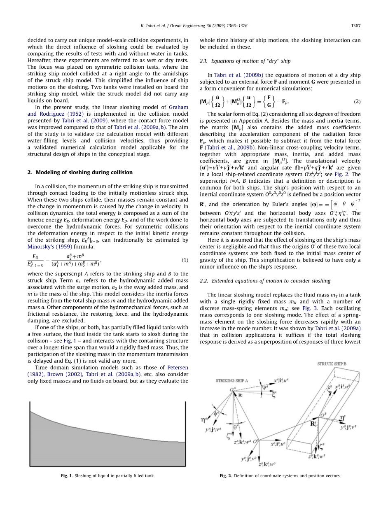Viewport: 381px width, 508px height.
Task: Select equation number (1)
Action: coord(185,260)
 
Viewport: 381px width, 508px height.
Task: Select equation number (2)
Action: coord(357,101)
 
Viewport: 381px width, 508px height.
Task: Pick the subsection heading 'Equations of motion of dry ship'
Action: coord(245,61)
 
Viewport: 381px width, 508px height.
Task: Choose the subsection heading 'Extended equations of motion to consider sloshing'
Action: coord(265,281)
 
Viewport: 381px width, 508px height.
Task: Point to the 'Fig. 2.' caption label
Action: coord(225,475)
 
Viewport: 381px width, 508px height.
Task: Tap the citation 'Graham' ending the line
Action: coord(178,107)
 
